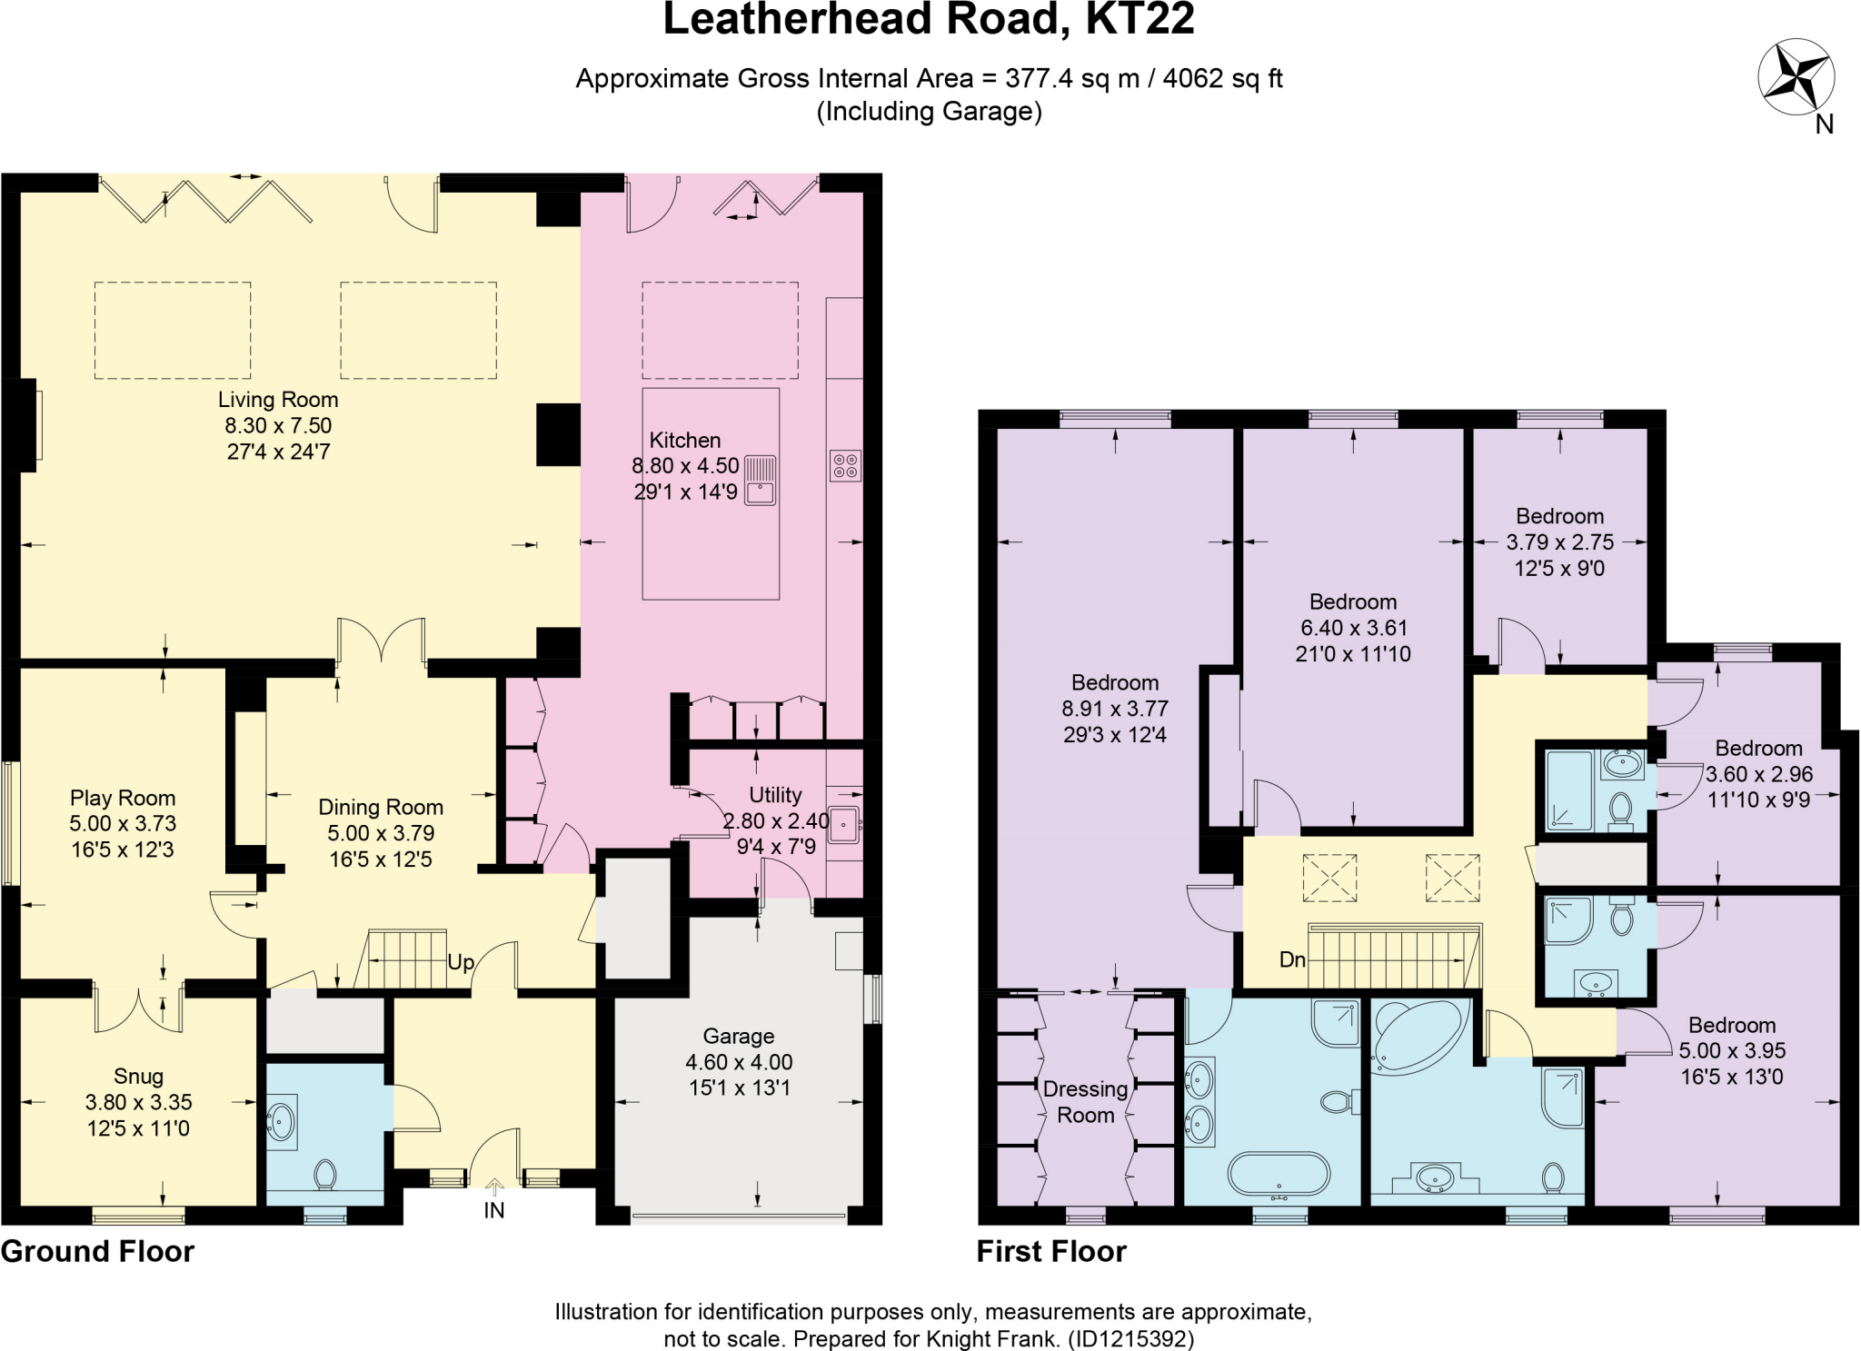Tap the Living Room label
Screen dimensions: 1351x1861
pyautogui.click(x=278, y=400)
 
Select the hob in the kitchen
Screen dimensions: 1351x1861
pyautogui.click(x=845, y=466)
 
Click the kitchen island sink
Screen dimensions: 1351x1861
pyautogui.click(x=760, y=482)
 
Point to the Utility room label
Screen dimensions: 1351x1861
pyautogui.click(x=775, y=795)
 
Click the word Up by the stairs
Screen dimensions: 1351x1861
pyautogui.click(x=461, y=962)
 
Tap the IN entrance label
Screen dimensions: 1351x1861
pyautogui.click(x=493, y=1210)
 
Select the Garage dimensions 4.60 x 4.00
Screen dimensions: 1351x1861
pyautogui.click(x=739, y=1062)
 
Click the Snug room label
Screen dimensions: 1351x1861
pyautogui.click(x=138, y=1077)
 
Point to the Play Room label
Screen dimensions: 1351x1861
pyautogui.click(x=123, y=798)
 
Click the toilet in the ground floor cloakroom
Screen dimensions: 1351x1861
pyautogui.click(x=324, y=1174)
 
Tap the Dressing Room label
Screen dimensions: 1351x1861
pyautogui.click(x=1085, y=1102)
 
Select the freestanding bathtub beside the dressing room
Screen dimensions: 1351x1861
pyautogui.click(x=1279, y=1173)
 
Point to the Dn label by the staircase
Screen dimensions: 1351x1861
pyautogui.click(x=1292, y=959)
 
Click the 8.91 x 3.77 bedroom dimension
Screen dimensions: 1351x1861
pyautogui.click(x=1115, y=709)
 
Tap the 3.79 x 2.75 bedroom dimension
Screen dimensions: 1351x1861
pyautogui.click(x=1560, y=542)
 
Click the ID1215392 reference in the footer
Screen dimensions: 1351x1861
pyautogui.click(x=1130, y=1338)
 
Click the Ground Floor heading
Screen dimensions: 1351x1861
pyautogui.click(x=97, y=1251)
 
